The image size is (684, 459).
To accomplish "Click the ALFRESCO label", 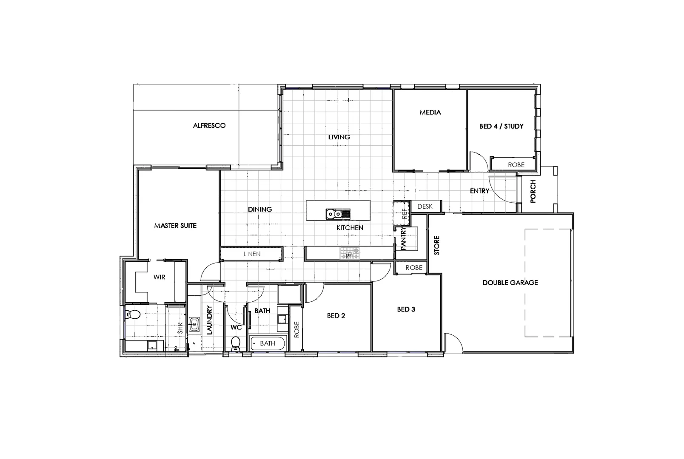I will pos(209,125).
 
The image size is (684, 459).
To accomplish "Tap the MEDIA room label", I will pos(430,112).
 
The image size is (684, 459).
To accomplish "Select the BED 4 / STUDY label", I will pos(501,126).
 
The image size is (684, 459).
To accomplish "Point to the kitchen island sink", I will pos(338,214).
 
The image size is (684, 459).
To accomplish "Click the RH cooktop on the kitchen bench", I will pos(349,254).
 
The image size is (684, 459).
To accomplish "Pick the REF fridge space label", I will pos(405,212).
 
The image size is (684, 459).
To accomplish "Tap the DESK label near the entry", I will pos(425,206).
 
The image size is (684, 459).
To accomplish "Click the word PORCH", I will pos(533,191).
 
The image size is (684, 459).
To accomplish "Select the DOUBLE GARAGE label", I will pos(510,282).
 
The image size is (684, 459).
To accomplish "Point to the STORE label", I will pos(436,245).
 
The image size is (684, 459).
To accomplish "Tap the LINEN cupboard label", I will pos(252,254).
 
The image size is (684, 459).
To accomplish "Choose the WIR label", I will pos(159,277).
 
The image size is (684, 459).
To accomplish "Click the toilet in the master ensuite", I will pos(133,315).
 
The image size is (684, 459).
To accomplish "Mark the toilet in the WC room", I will pos(235,343).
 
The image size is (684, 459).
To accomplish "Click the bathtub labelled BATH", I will pos(268,343).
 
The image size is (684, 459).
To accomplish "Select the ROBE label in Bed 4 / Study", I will pos(516,164).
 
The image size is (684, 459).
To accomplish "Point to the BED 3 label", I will pos(406,309).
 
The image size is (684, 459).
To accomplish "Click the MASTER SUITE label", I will pos(175,225).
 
